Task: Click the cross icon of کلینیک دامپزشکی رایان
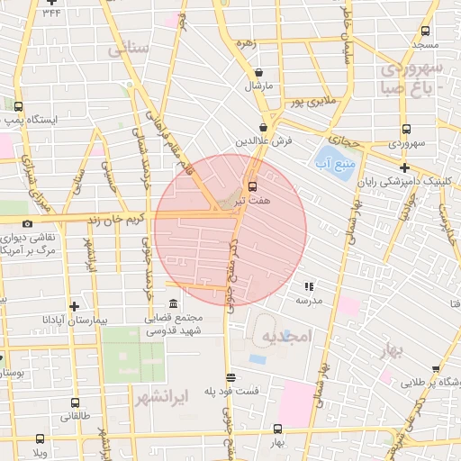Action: (x=404, y=167)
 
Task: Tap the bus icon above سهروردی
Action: (x=406, y=128)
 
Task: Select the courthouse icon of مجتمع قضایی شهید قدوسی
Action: (x=173, y=303)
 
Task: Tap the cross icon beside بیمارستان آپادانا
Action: (x=74, y=306)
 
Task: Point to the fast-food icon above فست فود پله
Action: (x=230, y=377)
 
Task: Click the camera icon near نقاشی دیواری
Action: (x=28, y=223)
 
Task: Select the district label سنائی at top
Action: (x=127, y=50)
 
